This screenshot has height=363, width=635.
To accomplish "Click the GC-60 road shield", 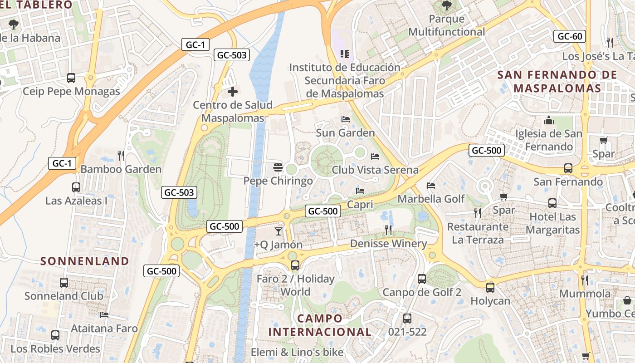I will click(570, 36).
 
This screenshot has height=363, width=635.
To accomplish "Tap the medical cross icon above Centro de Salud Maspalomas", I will click(233, 92).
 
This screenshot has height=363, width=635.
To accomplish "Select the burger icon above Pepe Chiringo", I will click(278, 167).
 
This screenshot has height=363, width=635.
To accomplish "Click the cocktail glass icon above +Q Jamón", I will click(278, 231).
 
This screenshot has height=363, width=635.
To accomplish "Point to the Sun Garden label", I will click(345, 133).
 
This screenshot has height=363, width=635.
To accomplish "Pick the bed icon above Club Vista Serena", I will click(375, 157).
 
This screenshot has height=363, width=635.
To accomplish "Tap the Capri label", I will click(360, 205).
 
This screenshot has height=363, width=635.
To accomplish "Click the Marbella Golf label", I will click(431, 199).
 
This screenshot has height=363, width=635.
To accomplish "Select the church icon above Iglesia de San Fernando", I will click(549, 121).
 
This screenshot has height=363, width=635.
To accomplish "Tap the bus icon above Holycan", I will click(490, 287).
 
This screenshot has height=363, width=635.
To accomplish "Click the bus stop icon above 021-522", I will click(407, 319).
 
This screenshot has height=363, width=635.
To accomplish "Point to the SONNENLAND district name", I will click(85, 261).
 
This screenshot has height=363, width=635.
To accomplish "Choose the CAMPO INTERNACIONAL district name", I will click(320, 325).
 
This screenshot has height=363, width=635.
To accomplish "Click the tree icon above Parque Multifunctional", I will click(447, 6).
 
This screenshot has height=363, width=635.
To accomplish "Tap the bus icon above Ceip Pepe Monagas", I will click(71, 78).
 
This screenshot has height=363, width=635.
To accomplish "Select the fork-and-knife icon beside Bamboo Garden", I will click(121, 156).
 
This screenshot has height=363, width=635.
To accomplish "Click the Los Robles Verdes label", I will click(55, 349).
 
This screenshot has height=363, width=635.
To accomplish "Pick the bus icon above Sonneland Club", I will click(64, 283).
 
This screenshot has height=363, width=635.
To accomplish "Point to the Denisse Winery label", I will click(388, 244).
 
